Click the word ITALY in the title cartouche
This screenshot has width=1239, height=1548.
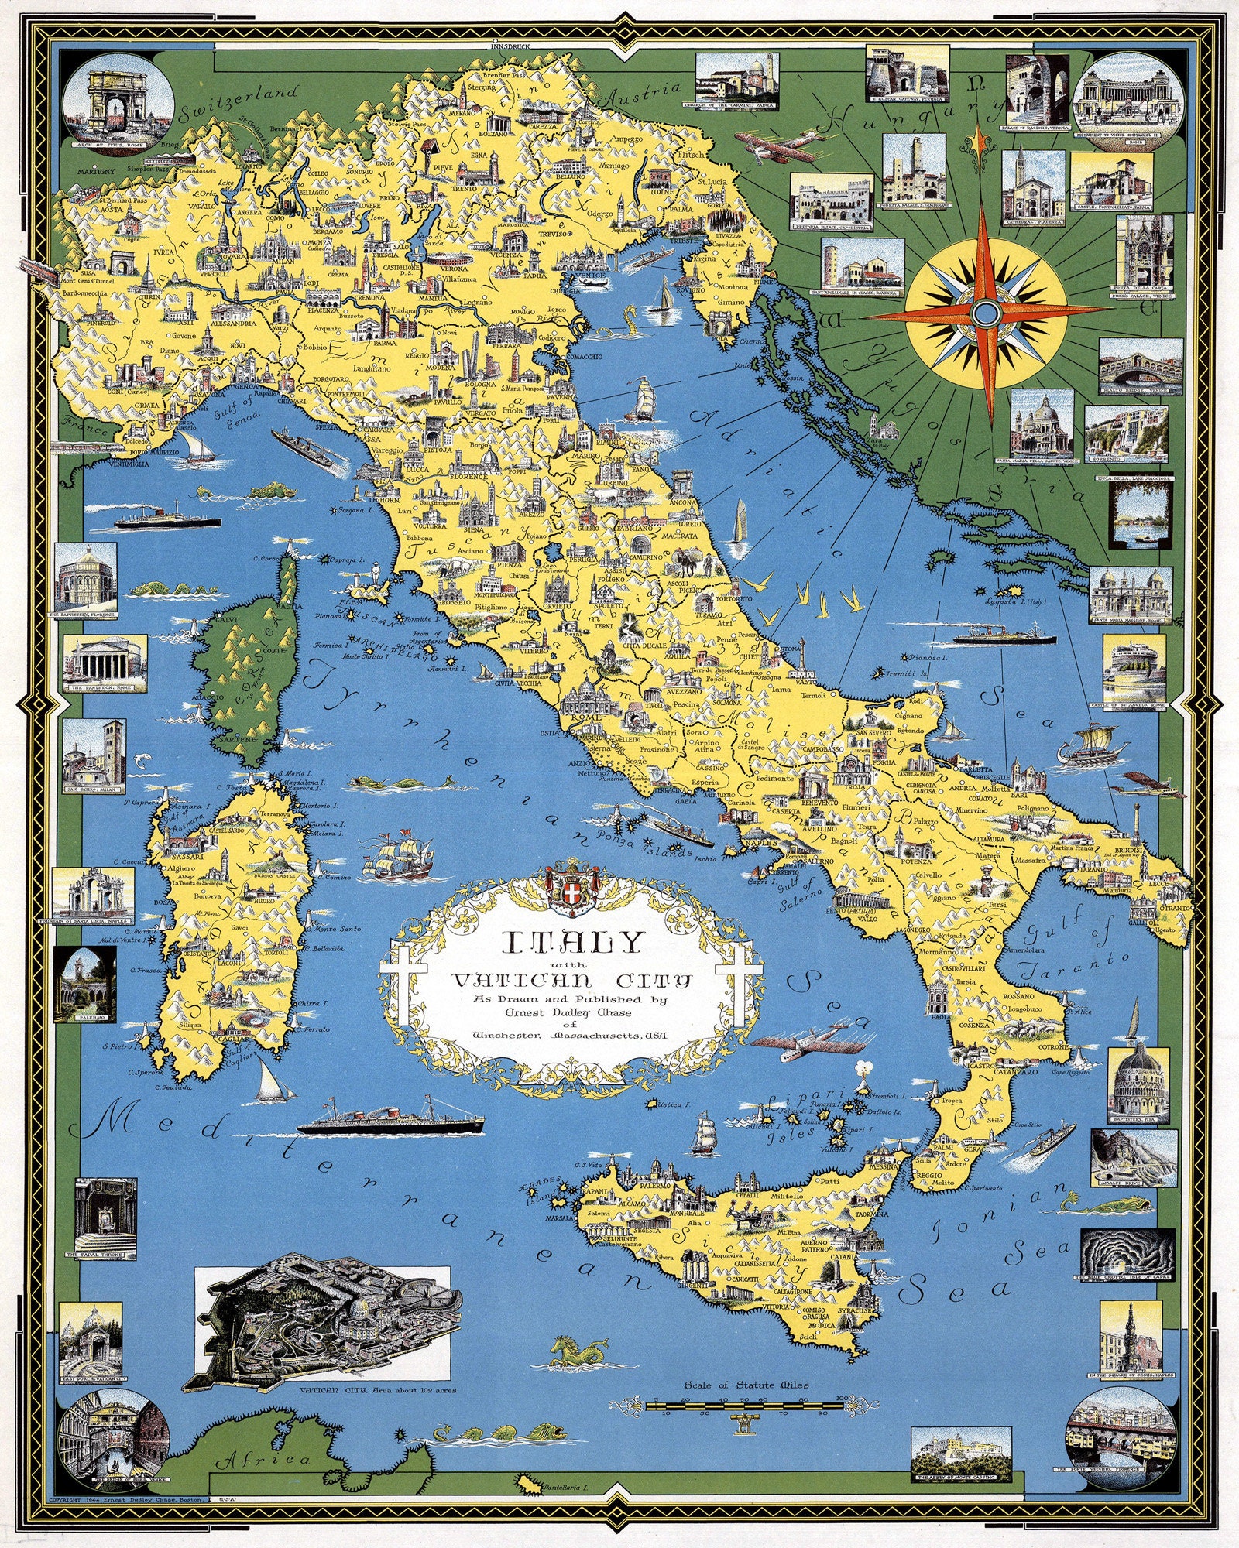coord(572,941)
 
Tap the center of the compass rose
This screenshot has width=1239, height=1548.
coord(986,313)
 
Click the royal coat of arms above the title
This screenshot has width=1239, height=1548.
coord(573,883)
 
